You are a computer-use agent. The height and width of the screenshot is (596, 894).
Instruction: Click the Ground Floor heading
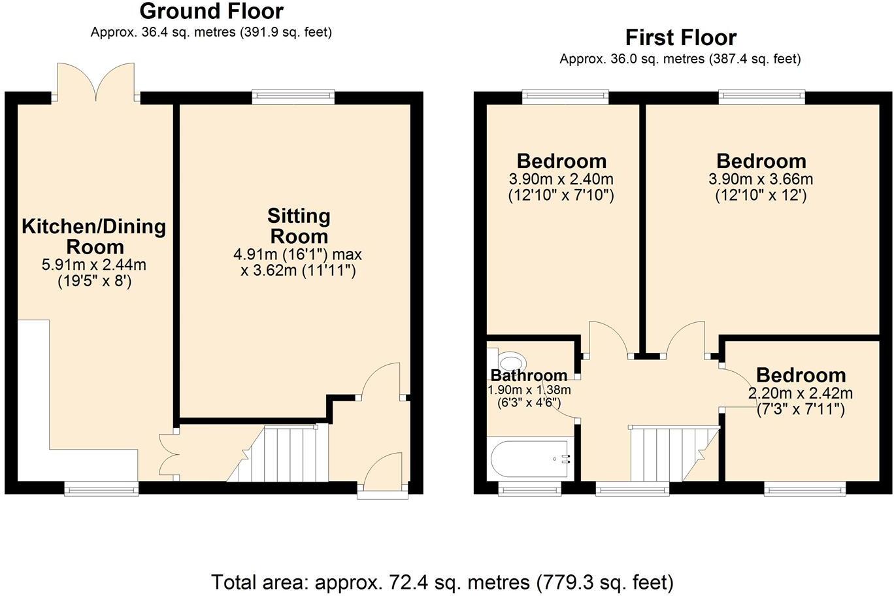212,11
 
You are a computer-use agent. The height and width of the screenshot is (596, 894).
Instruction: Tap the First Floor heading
681,38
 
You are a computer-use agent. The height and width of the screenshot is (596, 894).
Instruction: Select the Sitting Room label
299,226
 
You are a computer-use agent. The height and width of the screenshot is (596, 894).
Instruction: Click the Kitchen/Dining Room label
94,237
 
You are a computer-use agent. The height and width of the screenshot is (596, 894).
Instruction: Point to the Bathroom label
529,375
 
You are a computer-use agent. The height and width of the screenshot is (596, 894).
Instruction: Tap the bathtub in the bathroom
531,459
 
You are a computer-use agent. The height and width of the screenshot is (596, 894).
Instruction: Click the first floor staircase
675,454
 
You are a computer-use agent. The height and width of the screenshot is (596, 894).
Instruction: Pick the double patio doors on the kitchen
96,82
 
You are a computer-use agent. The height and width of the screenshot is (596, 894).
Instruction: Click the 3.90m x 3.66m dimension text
761,179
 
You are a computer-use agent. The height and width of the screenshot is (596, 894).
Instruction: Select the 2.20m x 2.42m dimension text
801,393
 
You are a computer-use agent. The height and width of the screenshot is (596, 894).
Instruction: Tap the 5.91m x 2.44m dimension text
94,265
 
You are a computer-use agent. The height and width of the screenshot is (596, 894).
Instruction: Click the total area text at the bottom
442,582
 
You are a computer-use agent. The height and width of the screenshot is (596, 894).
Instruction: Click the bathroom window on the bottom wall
529,489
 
